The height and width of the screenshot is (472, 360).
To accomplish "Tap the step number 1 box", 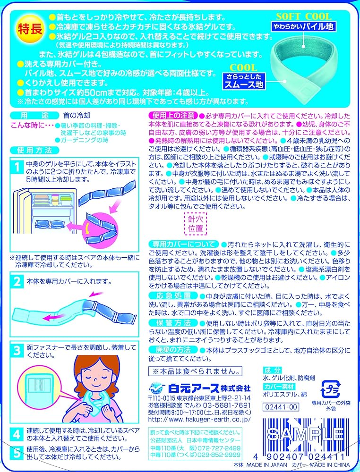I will [17, 167].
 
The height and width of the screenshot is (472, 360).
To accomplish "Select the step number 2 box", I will [17, 282].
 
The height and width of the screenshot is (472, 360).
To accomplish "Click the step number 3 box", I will [17, 350].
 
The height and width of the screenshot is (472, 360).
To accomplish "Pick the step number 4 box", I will [17, 433].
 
